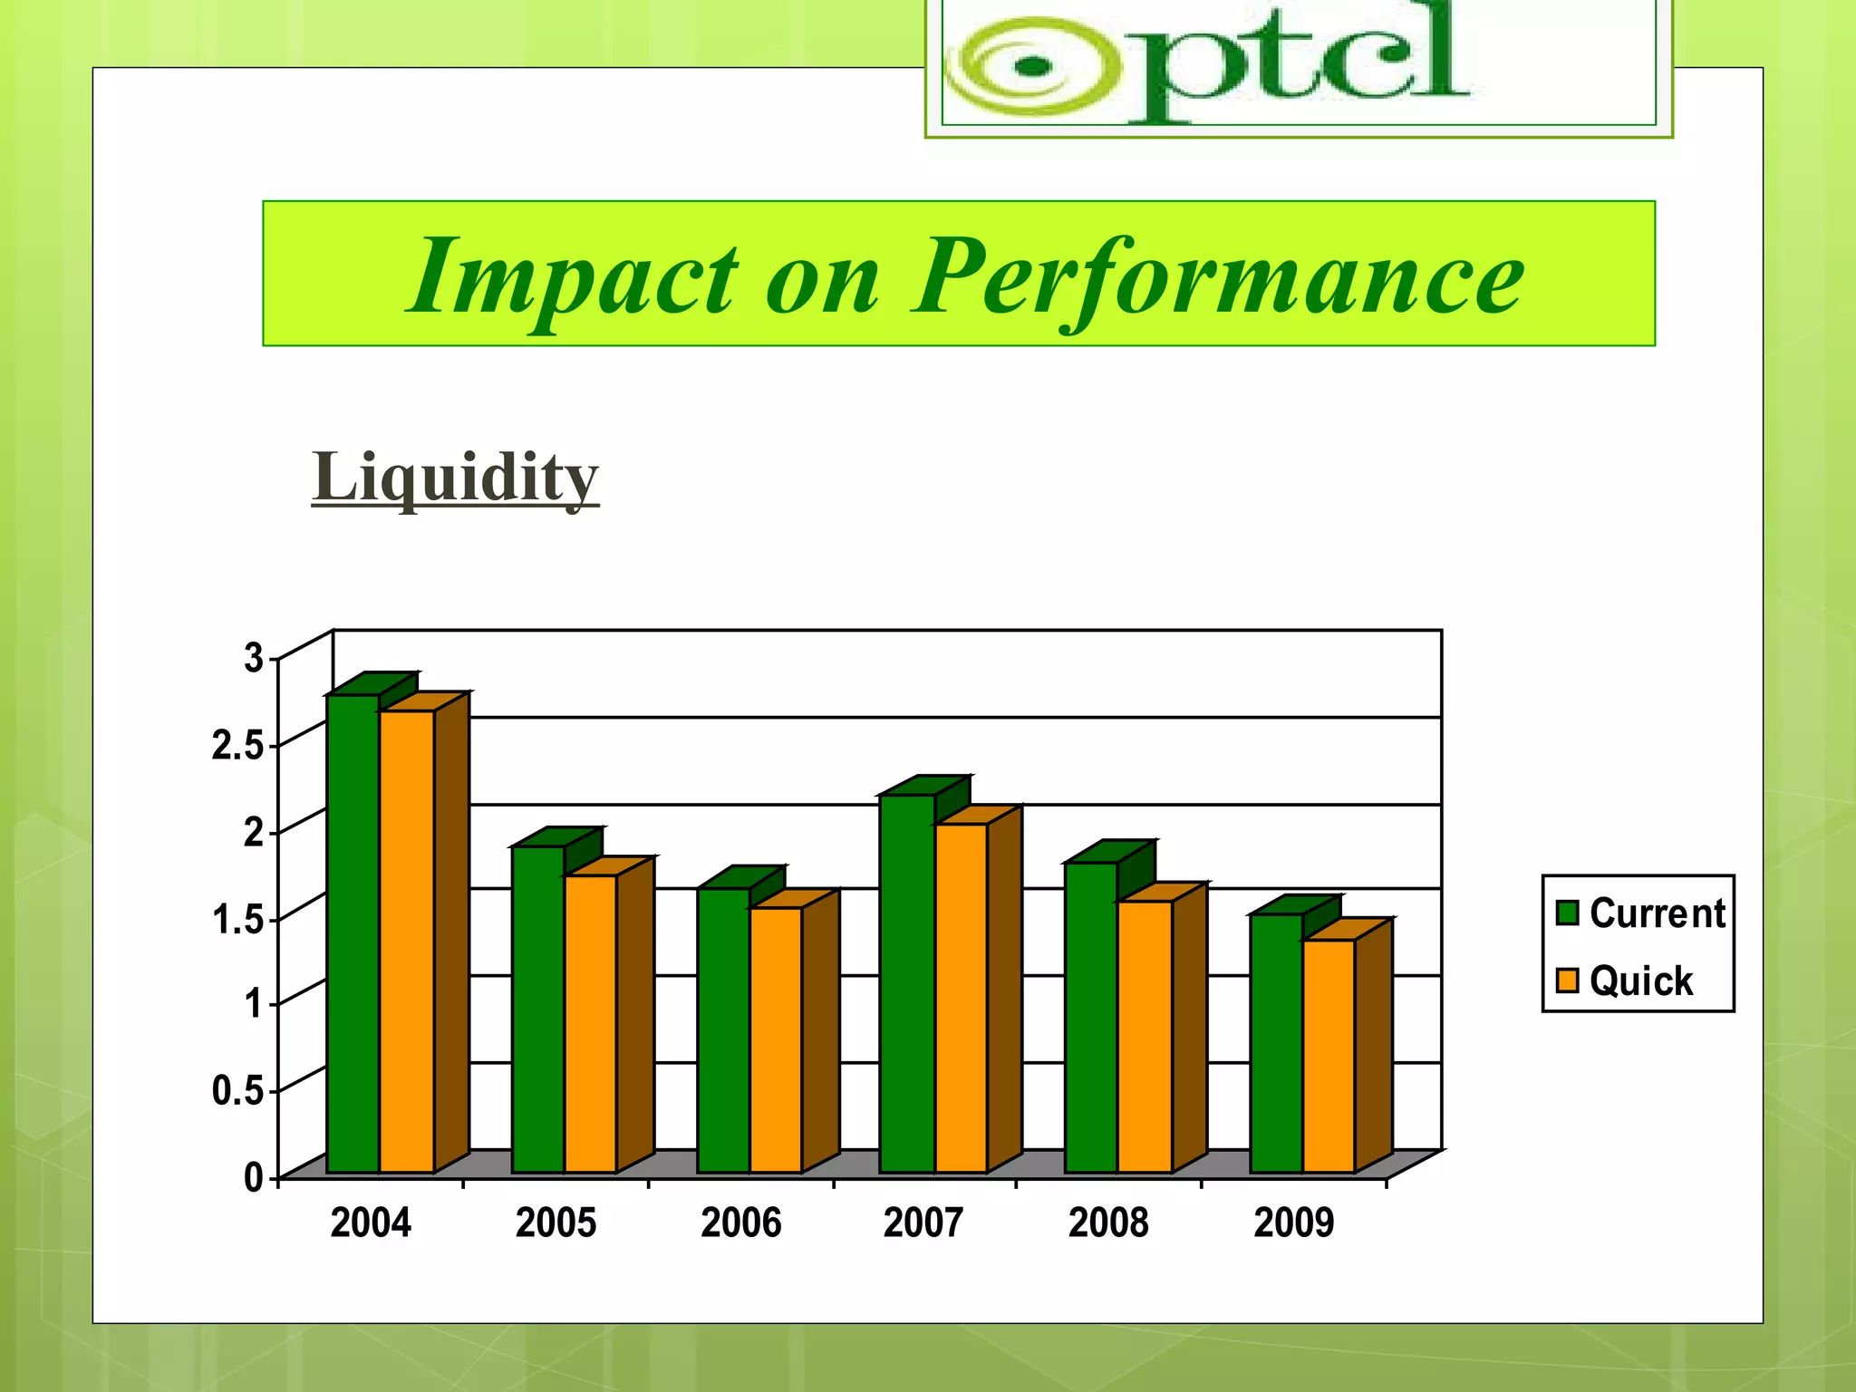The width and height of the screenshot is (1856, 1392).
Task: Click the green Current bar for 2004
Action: click(x=353, y=933)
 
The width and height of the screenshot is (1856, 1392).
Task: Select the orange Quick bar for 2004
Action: click(x=406, y=942)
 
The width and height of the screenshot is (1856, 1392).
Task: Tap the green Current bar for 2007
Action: click(x=907, y=983)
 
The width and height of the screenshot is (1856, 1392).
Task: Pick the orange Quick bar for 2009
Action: click(x=1329, y=1056)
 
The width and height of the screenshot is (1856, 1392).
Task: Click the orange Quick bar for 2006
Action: click(x=776, y=1039)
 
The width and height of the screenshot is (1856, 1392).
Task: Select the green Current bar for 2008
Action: click(x=1091, y=1017)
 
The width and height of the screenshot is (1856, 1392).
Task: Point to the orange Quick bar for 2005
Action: click(x=591, y=1024)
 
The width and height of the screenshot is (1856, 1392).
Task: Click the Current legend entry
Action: click(x=1640, y=913)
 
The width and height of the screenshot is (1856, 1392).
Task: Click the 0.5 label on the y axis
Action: click(x=237, y=1091)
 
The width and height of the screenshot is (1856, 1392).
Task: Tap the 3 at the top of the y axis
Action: click(x=253, y=659)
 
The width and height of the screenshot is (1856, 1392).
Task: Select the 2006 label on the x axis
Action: click(x=740, y=1223)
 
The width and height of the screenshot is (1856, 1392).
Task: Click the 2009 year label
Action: click(x=1293, y=1223)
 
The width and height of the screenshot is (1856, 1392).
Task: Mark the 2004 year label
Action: click(x=370, y=1223)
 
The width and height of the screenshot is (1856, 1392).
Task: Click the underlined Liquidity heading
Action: click(x=455, y=477)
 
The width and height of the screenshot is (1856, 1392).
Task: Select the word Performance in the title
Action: click(x=1216, y=277)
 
